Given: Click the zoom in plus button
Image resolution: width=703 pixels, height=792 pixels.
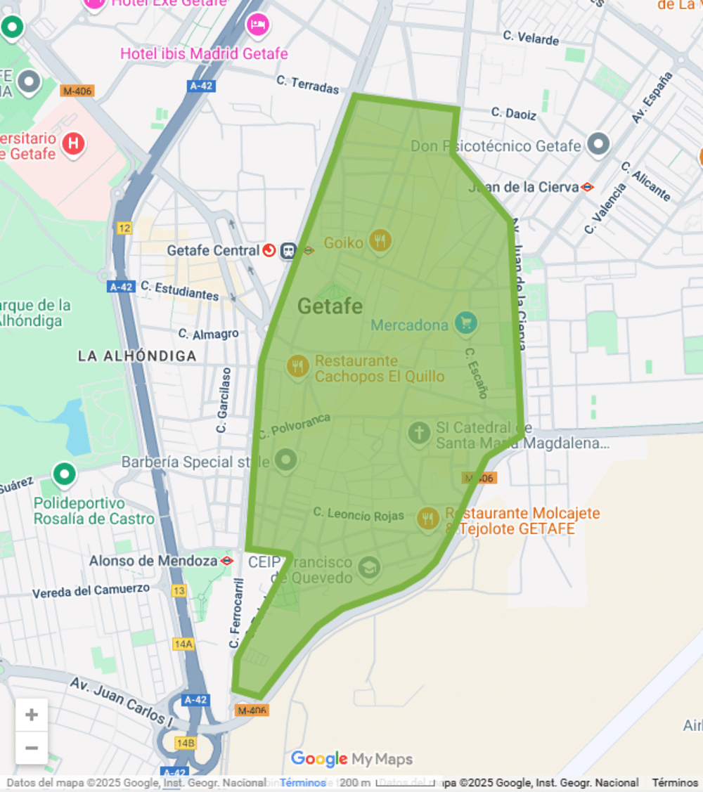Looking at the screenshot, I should (32, 715).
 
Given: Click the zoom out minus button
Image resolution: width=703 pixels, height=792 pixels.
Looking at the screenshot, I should (32, 748).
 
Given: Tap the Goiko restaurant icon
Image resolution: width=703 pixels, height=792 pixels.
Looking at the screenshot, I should (380, 241).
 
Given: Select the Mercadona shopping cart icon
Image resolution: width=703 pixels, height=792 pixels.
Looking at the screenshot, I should (465, 323).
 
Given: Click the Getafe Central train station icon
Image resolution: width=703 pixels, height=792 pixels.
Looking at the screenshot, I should (288, 250).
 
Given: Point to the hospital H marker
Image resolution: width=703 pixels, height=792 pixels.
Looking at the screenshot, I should (72, 144).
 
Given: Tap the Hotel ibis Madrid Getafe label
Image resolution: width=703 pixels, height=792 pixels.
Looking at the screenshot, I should (204, 53).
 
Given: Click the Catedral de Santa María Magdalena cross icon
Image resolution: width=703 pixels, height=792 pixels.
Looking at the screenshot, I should (419, 433).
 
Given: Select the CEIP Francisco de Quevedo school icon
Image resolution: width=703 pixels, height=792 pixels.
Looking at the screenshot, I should (369, 566).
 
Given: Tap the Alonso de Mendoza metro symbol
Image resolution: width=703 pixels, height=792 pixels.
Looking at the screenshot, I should (226, 561).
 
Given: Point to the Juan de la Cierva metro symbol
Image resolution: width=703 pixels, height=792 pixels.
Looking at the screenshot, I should (587, 187).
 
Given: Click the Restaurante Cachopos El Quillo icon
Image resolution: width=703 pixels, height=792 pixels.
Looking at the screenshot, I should (298, 366).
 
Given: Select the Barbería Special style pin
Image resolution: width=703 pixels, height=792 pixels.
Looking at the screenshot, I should (285, 461).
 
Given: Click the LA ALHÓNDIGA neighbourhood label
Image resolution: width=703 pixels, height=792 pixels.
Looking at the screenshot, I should (137, 356).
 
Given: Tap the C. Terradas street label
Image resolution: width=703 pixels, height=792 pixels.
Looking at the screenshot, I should (307, 85).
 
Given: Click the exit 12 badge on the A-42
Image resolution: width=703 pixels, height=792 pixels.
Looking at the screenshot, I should (124, 228).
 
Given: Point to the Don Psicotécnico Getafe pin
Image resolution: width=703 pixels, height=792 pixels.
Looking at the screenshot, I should (598, 144).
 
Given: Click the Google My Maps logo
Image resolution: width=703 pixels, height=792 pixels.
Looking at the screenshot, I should (351, 759).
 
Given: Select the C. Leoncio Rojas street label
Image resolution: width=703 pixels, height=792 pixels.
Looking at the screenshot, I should (359, 514).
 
